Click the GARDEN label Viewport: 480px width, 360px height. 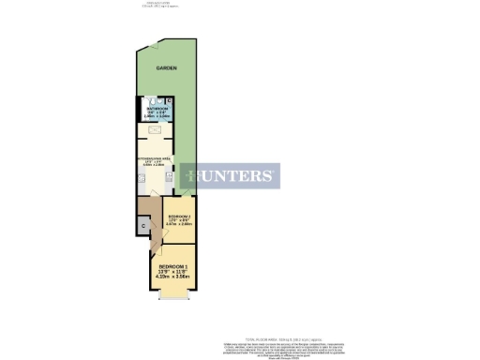(x=167, y=69)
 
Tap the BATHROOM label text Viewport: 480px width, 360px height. (x=157, y=109)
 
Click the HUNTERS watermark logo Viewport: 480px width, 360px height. (x=231, y=175)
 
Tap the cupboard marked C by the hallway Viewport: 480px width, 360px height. (x=143, y=226)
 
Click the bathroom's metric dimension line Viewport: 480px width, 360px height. (x=157, y=117)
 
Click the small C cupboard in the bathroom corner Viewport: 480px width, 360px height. (x=169, y=99)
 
